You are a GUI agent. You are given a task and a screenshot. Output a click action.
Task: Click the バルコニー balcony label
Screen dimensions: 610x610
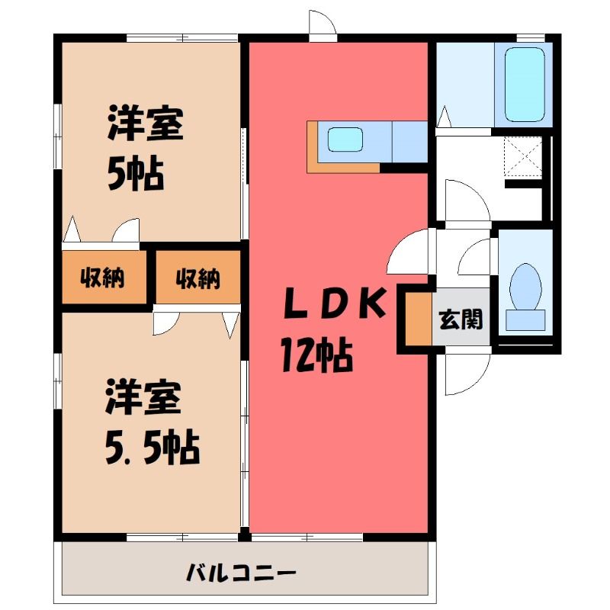tap(241, 573)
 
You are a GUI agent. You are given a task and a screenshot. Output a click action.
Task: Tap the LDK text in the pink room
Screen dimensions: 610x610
tap(335, 303)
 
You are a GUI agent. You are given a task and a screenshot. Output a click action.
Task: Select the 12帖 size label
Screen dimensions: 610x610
tap(316, 355)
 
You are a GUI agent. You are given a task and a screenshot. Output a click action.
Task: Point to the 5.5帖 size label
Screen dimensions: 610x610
tap(152, 448)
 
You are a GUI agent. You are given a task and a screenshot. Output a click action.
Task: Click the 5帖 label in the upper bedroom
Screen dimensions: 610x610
tap(136, 173)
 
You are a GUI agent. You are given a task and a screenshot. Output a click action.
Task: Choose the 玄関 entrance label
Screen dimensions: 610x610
tap(461, 319)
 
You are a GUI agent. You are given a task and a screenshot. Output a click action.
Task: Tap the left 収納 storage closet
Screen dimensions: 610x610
tap(104, 277)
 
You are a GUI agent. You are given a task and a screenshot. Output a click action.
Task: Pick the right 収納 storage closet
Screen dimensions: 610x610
tap(198, 277)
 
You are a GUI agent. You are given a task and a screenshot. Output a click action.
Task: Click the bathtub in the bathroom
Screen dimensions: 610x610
tap(524, 85)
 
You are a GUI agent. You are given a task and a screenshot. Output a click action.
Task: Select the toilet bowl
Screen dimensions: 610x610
tap(525, 287)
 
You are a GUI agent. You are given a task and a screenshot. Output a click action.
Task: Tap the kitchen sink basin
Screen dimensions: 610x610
tap(345, 140)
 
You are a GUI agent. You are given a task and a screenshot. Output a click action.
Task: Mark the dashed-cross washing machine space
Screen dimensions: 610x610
tap(523, 157)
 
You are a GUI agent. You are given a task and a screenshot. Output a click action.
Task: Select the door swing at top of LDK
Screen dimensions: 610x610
tap(323, 24)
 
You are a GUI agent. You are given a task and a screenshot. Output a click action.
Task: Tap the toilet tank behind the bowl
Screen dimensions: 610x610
tap(525, 319)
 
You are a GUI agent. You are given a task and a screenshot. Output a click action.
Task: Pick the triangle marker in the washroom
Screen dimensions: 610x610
tap(444, 116)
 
